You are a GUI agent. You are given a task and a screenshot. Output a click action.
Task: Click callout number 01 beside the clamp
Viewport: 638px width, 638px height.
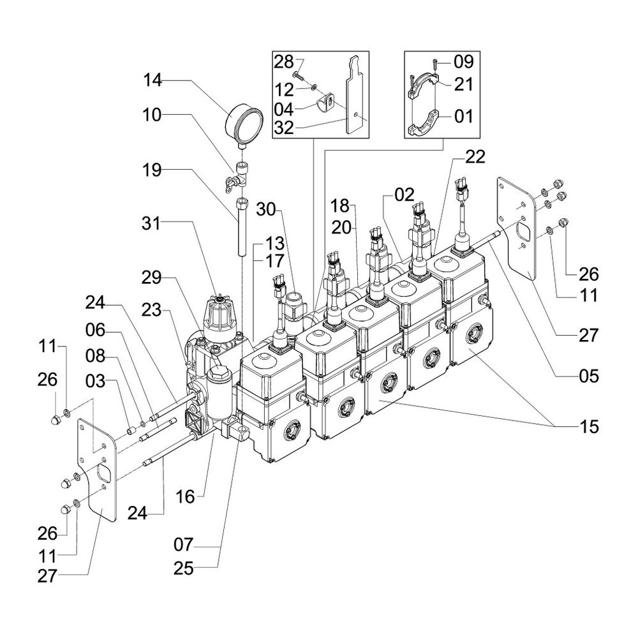[464, 116]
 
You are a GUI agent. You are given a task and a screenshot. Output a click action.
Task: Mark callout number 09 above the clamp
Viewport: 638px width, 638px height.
[463, 62]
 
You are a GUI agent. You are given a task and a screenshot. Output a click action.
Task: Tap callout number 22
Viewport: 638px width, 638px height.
[475, 156]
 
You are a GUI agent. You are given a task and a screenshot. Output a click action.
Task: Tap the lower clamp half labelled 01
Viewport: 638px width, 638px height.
[423, 123]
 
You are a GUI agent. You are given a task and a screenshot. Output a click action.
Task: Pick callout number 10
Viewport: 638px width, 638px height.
[154, 115]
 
